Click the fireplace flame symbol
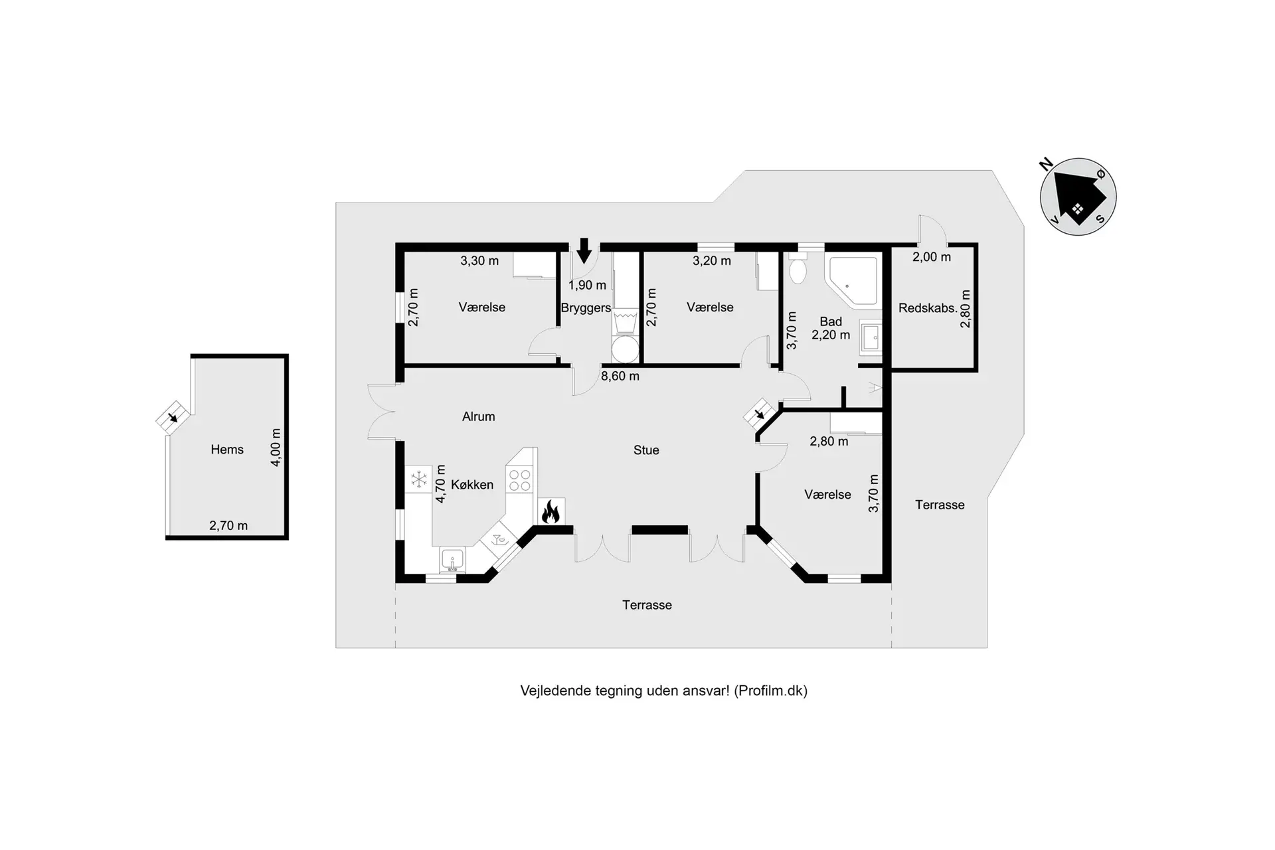551,513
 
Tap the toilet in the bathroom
798,268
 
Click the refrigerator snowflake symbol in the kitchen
419,479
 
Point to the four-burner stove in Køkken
519,480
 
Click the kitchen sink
452,560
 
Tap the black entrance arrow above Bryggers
584,250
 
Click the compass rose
1077,197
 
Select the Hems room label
227,450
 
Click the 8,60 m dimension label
620,376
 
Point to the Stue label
646,450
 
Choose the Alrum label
479,417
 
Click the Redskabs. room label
928,308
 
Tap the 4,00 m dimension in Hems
276,447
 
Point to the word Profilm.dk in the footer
771,691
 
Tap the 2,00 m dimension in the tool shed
932,257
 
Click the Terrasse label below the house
647,605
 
